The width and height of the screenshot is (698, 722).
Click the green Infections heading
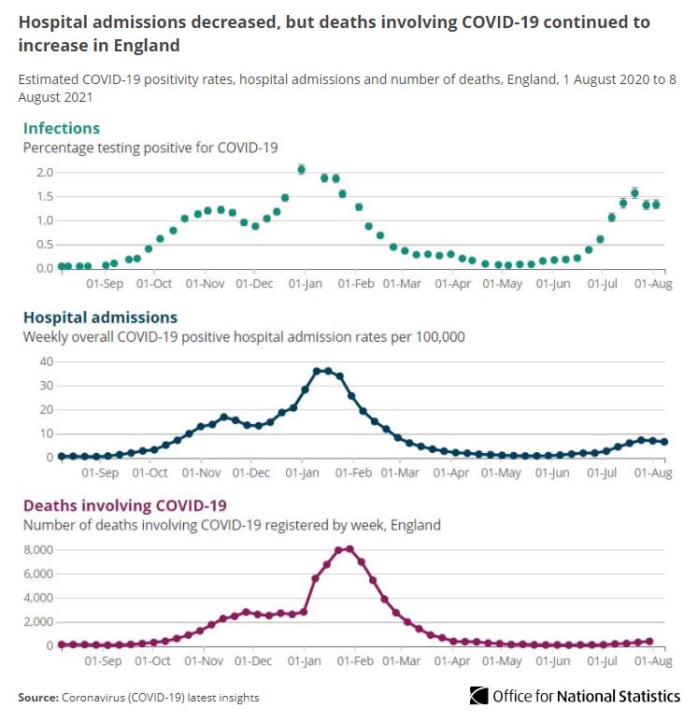click(x=61, y=128)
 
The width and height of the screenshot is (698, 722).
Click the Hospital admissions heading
click(x=99, y=318)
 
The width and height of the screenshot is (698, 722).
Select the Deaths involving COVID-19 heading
click(x=124, y=505)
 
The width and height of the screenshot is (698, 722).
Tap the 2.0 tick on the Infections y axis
click(x=44, y=173)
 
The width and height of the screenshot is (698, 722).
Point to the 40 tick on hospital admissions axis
click(x=44, y=361)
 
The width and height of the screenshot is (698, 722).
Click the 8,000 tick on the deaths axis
click(x=38, y=549)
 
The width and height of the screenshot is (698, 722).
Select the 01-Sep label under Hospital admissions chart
click(x=103, y=474)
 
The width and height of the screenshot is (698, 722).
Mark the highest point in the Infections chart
click(x=301, y=169)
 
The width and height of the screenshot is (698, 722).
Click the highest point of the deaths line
click(x=349, y=549)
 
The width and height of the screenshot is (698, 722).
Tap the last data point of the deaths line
click(x=649, y=641)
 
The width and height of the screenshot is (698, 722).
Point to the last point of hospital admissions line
click(x=663, y=442)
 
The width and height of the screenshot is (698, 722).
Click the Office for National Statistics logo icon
click(x=478, y=696)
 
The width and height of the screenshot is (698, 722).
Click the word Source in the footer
click(x=37, y=698)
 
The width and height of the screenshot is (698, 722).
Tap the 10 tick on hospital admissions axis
click(x=44, y=433)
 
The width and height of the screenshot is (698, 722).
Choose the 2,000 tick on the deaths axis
click(x=38, y=622)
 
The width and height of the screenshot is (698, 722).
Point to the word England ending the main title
click(x=149, y=45)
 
